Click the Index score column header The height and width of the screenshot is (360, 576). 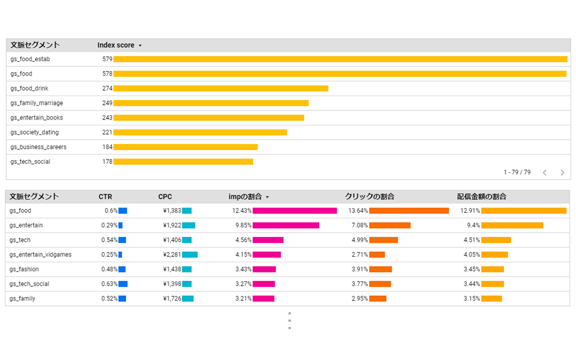click(116, 45)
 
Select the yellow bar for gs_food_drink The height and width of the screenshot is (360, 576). click(221, 88)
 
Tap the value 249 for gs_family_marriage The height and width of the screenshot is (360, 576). click(107, 103)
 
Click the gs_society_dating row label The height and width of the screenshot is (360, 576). click(34, 133)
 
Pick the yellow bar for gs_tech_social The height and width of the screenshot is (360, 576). click(183, 162)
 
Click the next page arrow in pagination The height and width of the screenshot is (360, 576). click(562, 172)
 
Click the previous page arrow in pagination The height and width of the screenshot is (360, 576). click(544, 172)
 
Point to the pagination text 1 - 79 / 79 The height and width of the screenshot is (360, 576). click(517, 172)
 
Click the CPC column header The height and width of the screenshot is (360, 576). click(165, 197)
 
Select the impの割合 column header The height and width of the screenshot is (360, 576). click(245, 197)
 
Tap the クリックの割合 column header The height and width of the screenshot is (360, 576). click(369, 197)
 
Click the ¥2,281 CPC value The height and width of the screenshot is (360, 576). click(172, 255)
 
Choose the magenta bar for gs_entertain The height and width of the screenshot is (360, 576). click(286, 226)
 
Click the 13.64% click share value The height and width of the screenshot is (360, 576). click(358, 211)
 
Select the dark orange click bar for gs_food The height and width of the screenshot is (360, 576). click(409, 211)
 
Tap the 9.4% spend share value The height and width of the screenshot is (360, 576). click(473, 226)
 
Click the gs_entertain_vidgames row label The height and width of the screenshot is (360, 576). click(40, 255)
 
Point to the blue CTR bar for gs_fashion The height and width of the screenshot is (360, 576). click(122, 269)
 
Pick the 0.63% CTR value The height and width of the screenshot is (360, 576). click(109, 284)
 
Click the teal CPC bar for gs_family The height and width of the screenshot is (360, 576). click(188, 299)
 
